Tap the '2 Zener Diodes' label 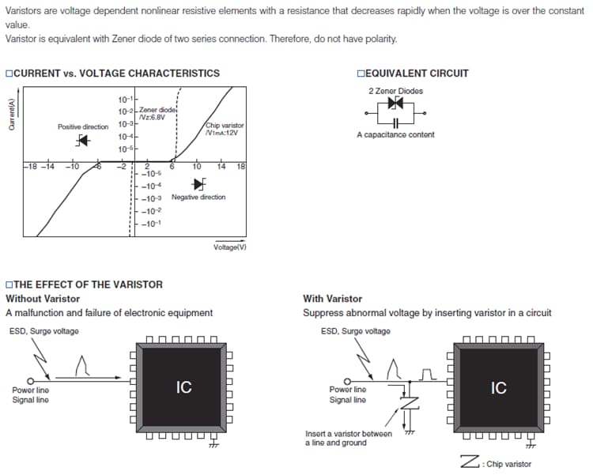click(x=395, y=91)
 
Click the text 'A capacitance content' click(x=395, y=135)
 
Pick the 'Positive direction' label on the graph click(x=83, y=126)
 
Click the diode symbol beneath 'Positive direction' click(x=82, y=141)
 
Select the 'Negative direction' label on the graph click(x=198, y=197)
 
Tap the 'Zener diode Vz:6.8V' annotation click(x=157, y=113)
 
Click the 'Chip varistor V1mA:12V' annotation click(x=225, y=129)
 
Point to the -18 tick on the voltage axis click(x=29, y=167)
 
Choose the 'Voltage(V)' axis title click(x=230, y=247)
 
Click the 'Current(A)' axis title click(x=12, y=118)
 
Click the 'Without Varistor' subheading click(x=43, y=299)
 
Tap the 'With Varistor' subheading click(x=332, y=299)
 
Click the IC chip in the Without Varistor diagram click(x=183, y=387)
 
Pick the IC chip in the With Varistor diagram click(x=498, y=387)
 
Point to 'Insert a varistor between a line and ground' click(x=348, y=438)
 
